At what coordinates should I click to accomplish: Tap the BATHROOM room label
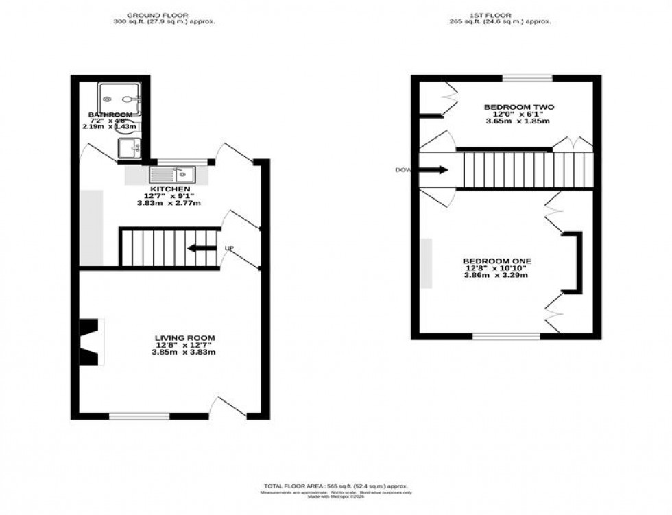point(110,115)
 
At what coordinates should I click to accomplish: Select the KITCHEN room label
point(171,189)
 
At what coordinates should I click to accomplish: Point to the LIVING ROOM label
point(184,337)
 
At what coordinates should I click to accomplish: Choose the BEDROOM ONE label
point(497,261)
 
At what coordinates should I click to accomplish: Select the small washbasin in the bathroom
point(129,147)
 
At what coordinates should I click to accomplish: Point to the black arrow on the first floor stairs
point(437,169)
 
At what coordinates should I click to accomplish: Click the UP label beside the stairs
point(230,248)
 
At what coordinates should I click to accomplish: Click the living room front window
point(140,416)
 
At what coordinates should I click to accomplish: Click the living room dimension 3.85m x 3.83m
point(184,352)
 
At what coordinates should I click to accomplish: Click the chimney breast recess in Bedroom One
point(571,263)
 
